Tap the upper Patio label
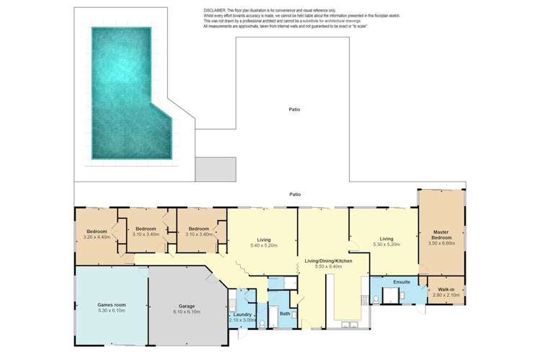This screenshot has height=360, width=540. click(295, 110)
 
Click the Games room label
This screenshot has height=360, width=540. click(112, 305)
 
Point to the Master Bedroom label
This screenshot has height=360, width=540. click(441, 235)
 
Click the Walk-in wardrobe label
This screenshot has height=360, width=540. click(446, 289)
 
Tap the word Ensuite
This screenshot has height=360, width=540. click(402, 281)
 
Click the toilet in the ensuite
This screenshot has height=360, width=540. click(376, 296)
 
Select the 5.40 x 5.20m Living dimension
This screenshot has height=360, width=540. click(263, 245)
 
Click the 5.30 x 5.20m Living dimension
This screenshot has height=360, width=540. click(387, 245)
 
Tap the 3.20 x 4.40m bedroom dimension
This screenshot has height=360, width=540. click(97, 237)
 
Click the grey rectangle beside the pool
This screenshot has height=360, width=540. click(216, 169)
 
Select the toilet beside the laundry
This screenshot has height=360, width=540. click(232, 298)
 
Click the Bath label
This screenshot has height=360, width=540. click(285, 314)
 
